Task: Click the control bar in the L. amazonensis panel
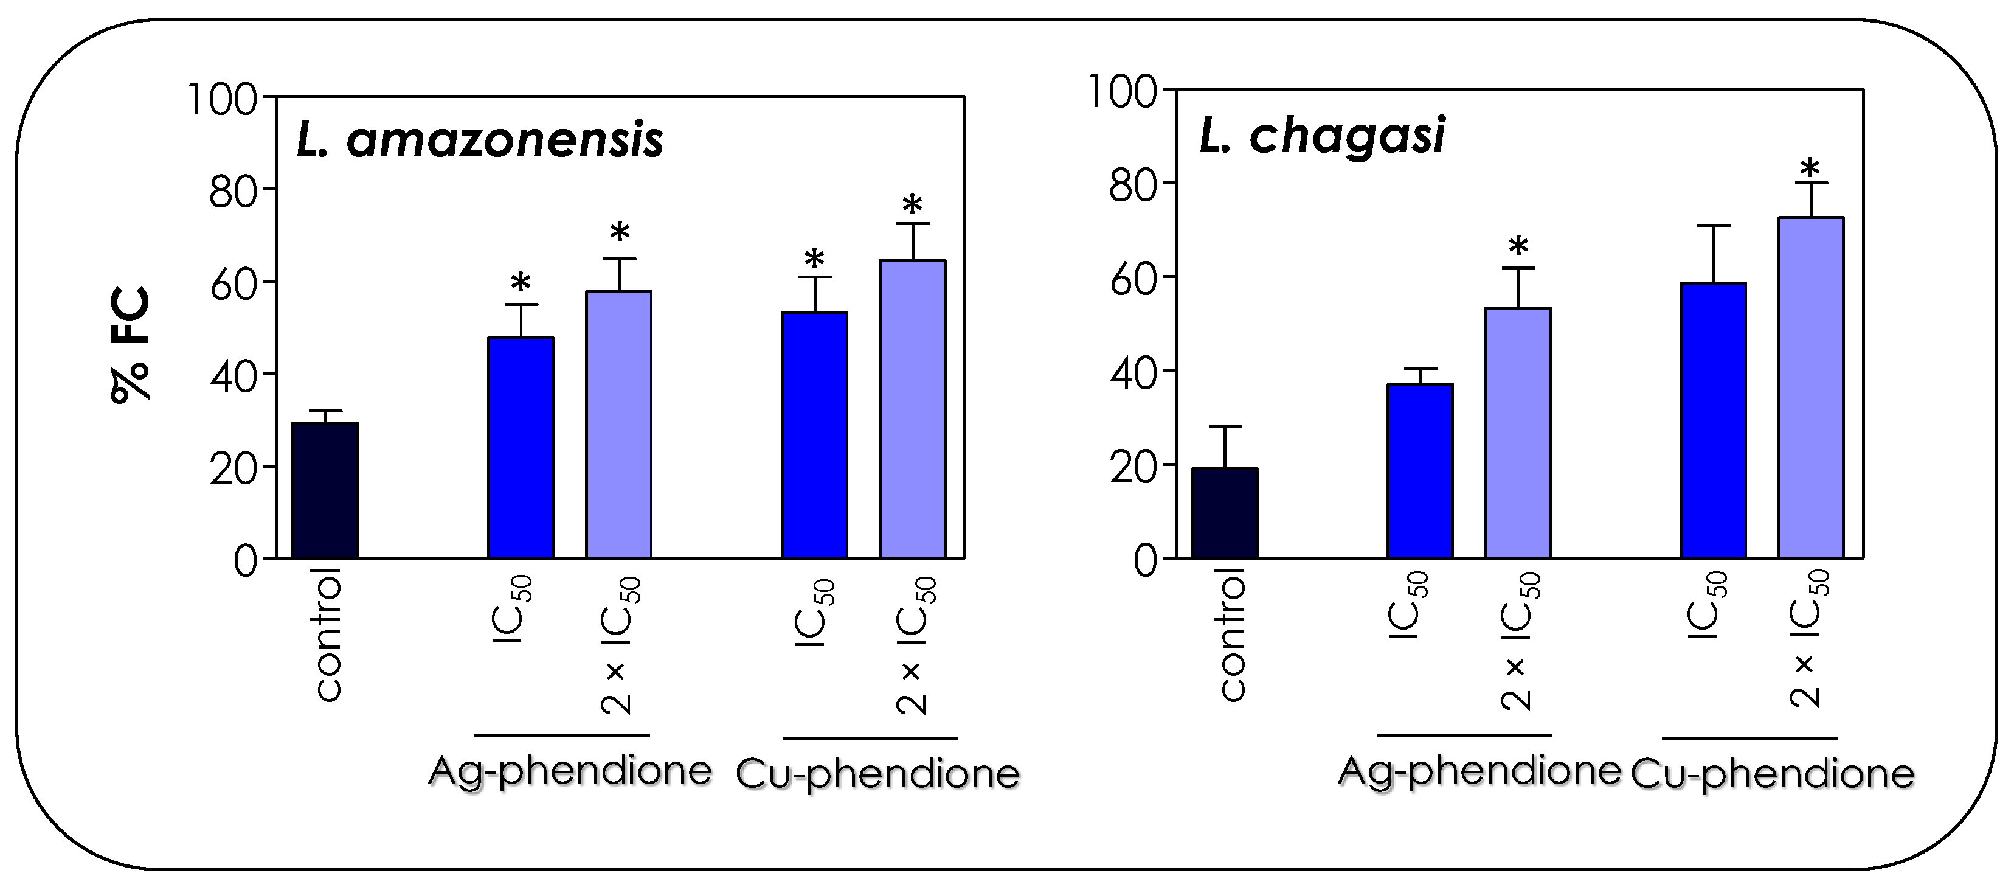point(325,490)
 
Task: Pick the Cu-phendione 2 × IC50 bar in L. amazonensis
point(912,408)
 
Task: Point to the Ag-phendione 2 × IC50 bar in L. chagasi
point(1518,433)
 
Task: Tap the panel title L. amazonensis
point(479,141)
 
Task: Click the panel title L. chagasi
point(1322,135)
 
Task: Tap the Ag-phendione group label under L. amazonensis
point(570,771)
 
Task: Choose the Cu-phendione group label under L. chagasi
point(1773,774)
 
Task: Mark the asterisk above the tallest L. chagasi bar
point(1810,167)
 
